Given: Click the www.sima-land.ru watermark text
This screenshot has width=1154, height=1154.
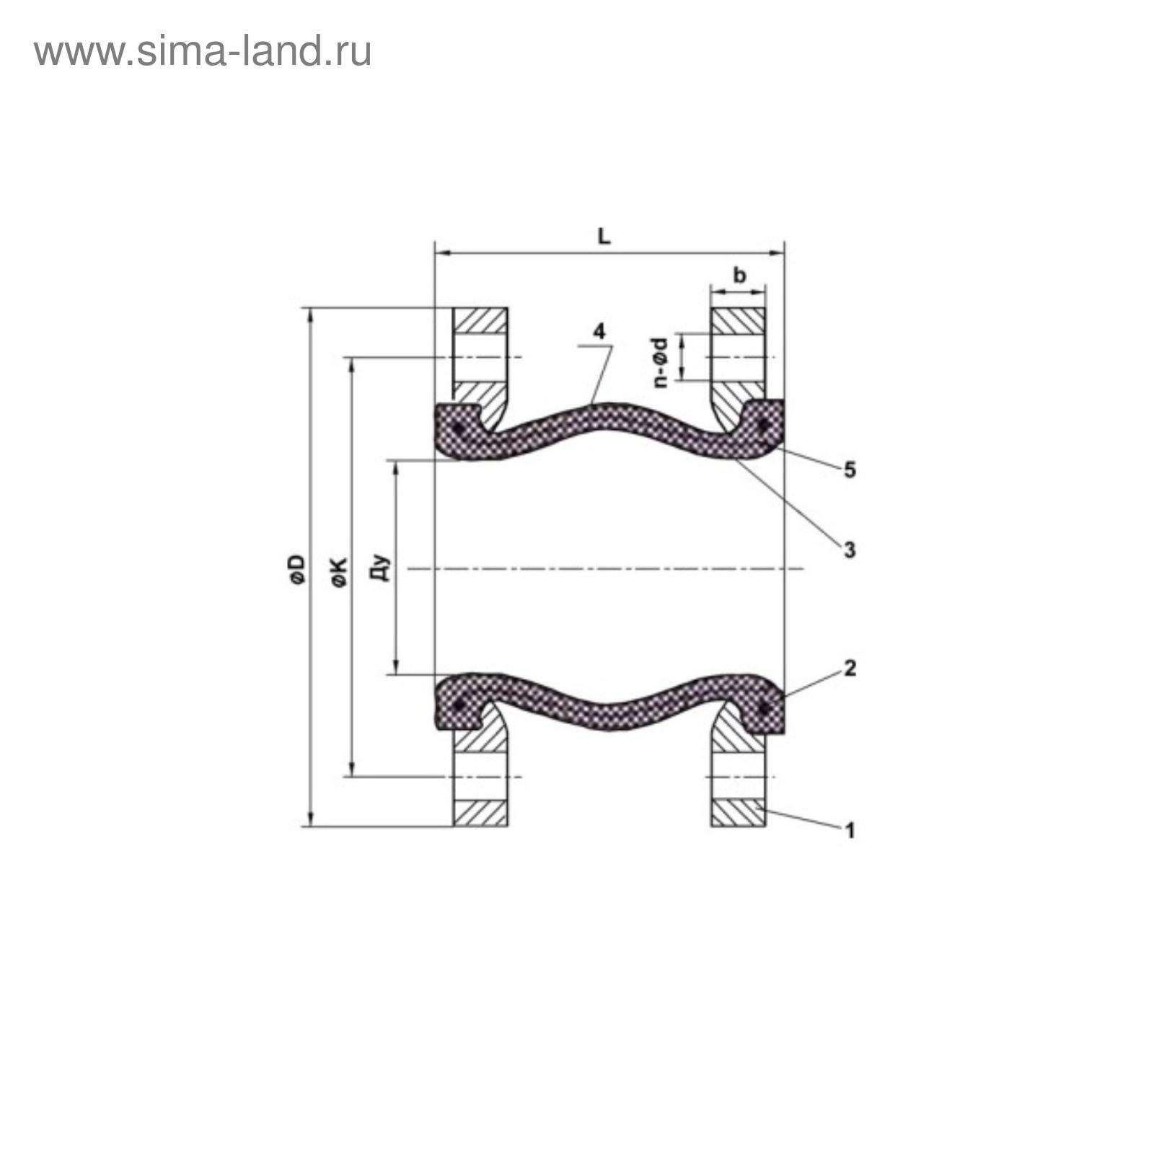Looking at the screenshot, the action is coord(203,52).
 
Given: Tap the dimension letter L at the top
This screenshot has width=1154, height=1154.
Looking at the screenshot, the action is coord(604,236).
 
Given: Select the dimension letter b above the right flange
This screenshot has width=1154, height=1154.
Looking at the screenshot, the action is coord(739,275).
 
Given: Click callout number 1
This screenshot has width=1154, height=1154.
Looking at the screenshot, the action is coord(850,830).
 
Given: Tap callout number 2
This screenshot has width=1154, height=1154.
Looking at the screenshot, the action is coord(850,669).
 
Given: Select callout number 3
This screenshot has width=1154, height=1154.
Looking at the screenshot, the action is coord(850,550).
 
